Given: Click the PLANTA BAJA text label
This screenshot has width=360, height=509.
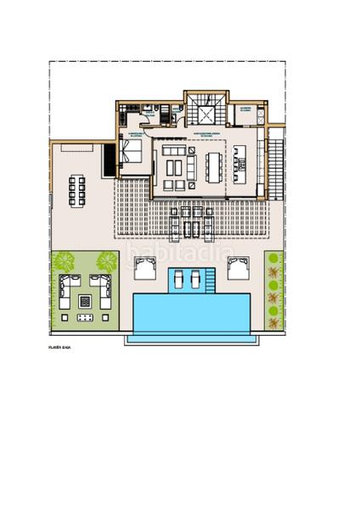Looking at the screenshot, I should click(59, 347).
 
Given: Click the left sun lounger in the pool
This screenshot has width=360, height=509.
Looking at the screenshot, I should click(177, 278).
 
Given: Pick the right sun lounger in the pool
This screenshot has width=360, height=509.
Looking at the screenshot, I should click(197, 278).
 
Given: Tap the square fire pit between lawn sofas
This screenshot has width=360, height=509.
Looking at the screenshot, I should click(85, 299).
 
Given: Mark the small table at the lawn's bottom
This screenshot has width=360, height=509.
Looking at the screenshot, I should click(85, 319).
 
